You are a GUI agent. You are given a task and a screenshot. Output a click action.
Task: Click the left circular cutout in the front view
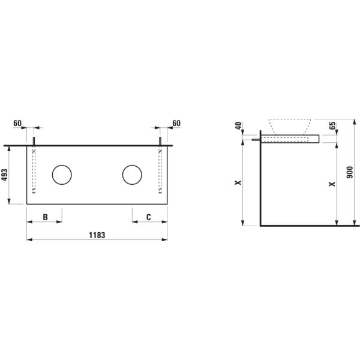click(61, 175)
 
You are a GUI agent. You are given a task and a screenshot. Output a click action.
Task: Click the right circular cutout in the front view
click(132, 175)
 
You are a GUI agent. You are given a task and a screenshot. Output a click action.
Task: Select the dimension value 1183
click(97, 235)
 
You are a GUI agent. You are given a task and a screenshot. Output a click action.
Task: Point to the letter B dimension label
click(44, 217)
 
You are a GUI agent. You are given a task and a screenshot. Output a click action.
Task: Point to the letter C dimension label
click(149, 217)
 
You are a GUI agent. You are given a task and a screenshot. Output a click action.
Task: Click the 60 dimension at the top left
click(17, 123)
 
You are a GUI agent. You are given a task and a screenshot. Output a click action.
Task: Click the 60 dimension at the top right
click(176, 123)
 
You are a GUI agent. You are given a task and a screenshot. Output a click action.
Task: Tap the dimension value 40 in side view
click(239, 127)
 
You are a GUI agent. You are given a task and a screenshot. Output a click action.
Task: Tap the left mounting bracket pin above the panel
click(34, 141)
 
